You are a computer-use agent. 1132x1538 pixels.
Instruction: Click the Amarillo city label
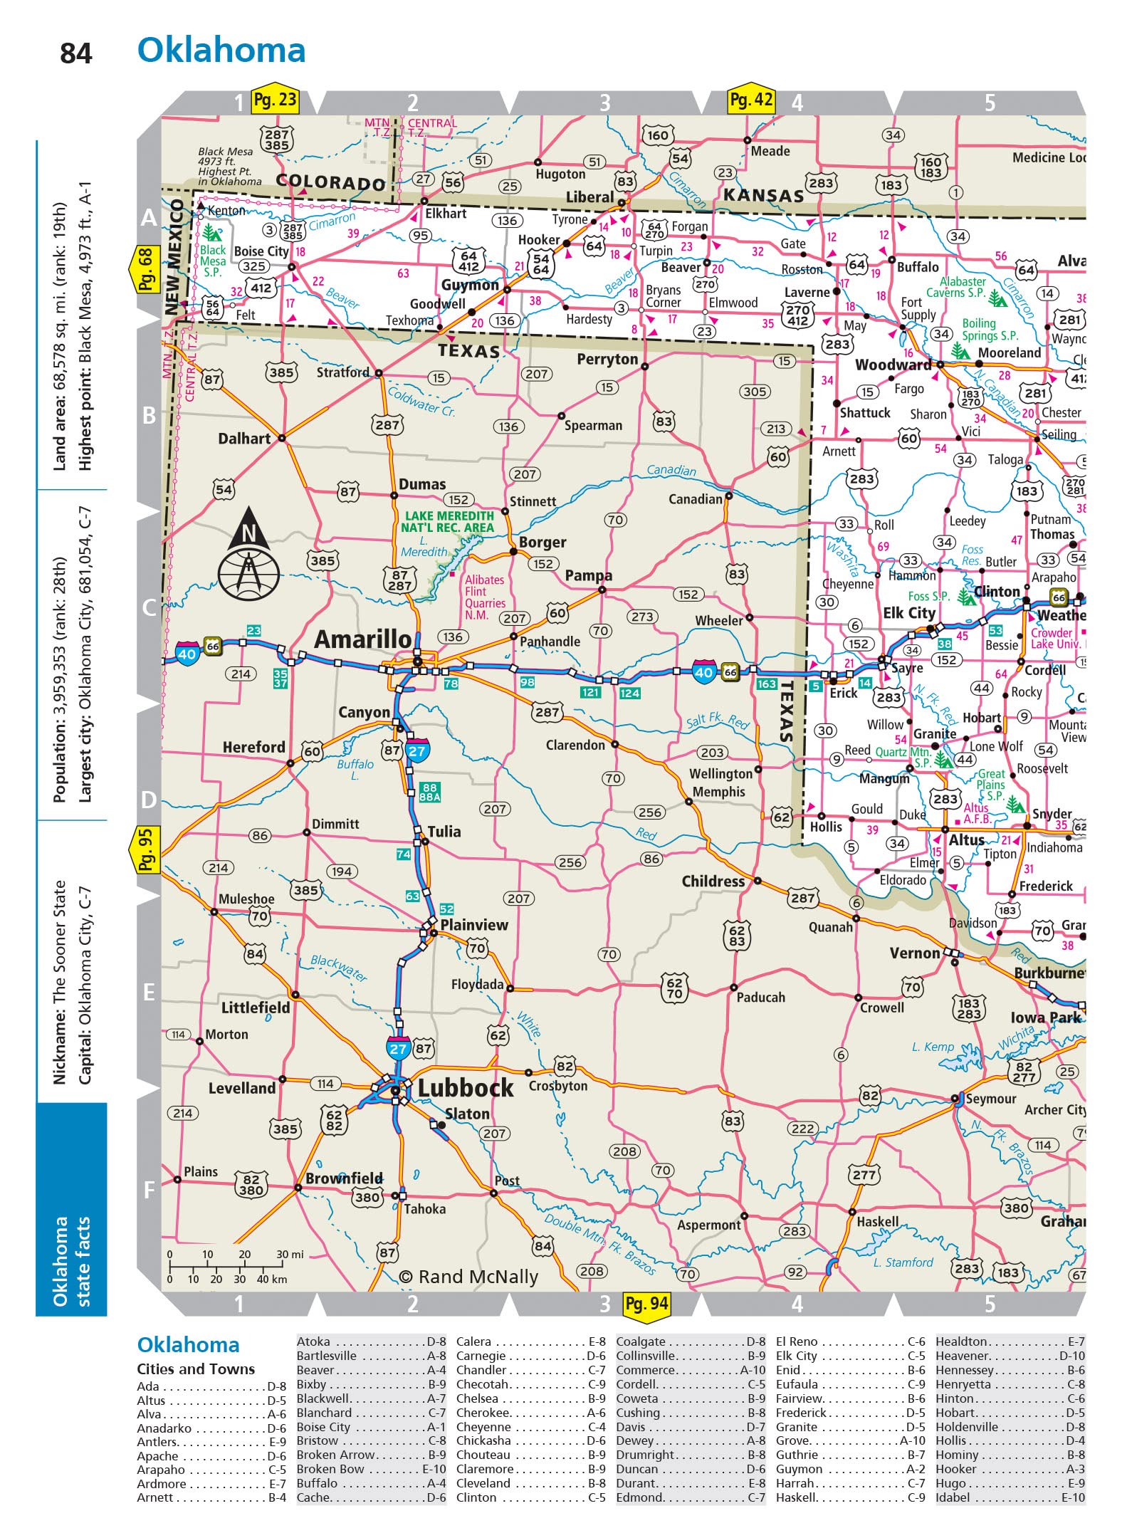[362, 639]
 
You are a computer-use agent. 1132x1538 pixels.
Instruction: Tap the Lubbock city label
[465, 1088]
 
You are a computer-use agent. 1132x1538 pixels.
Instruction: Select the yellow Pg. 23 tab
[275, 100]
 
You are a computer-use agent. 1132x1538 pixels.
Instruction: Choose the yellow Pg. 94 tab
[646, 1304]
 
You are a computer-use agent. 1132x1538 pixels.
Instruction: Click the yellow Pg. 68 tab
[145, 269]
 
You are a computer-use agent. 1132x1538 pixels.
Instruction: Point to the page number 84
[76, 54]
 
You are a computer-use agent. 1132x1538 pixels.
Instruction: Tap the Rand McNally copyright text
[468, 1277]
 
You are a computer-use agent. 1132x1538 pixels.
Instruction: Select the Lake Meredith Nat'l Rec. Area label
[449, 521]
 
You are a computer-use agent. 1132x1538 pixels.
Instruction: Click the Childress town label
[713, 882]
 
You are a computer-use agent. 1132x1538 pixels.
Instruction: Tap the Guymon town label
[470, 285]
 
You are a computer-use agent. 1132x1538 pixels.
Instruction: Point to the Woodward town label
[893, 365]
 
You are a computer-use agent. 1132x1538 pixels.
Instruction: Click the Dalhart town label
[244, 439]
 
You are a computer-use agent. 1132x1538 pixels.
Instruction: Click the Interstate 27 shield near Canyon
[417, 750]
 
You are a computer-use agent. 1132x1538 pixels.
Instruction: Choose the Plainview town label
[474, 925]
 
